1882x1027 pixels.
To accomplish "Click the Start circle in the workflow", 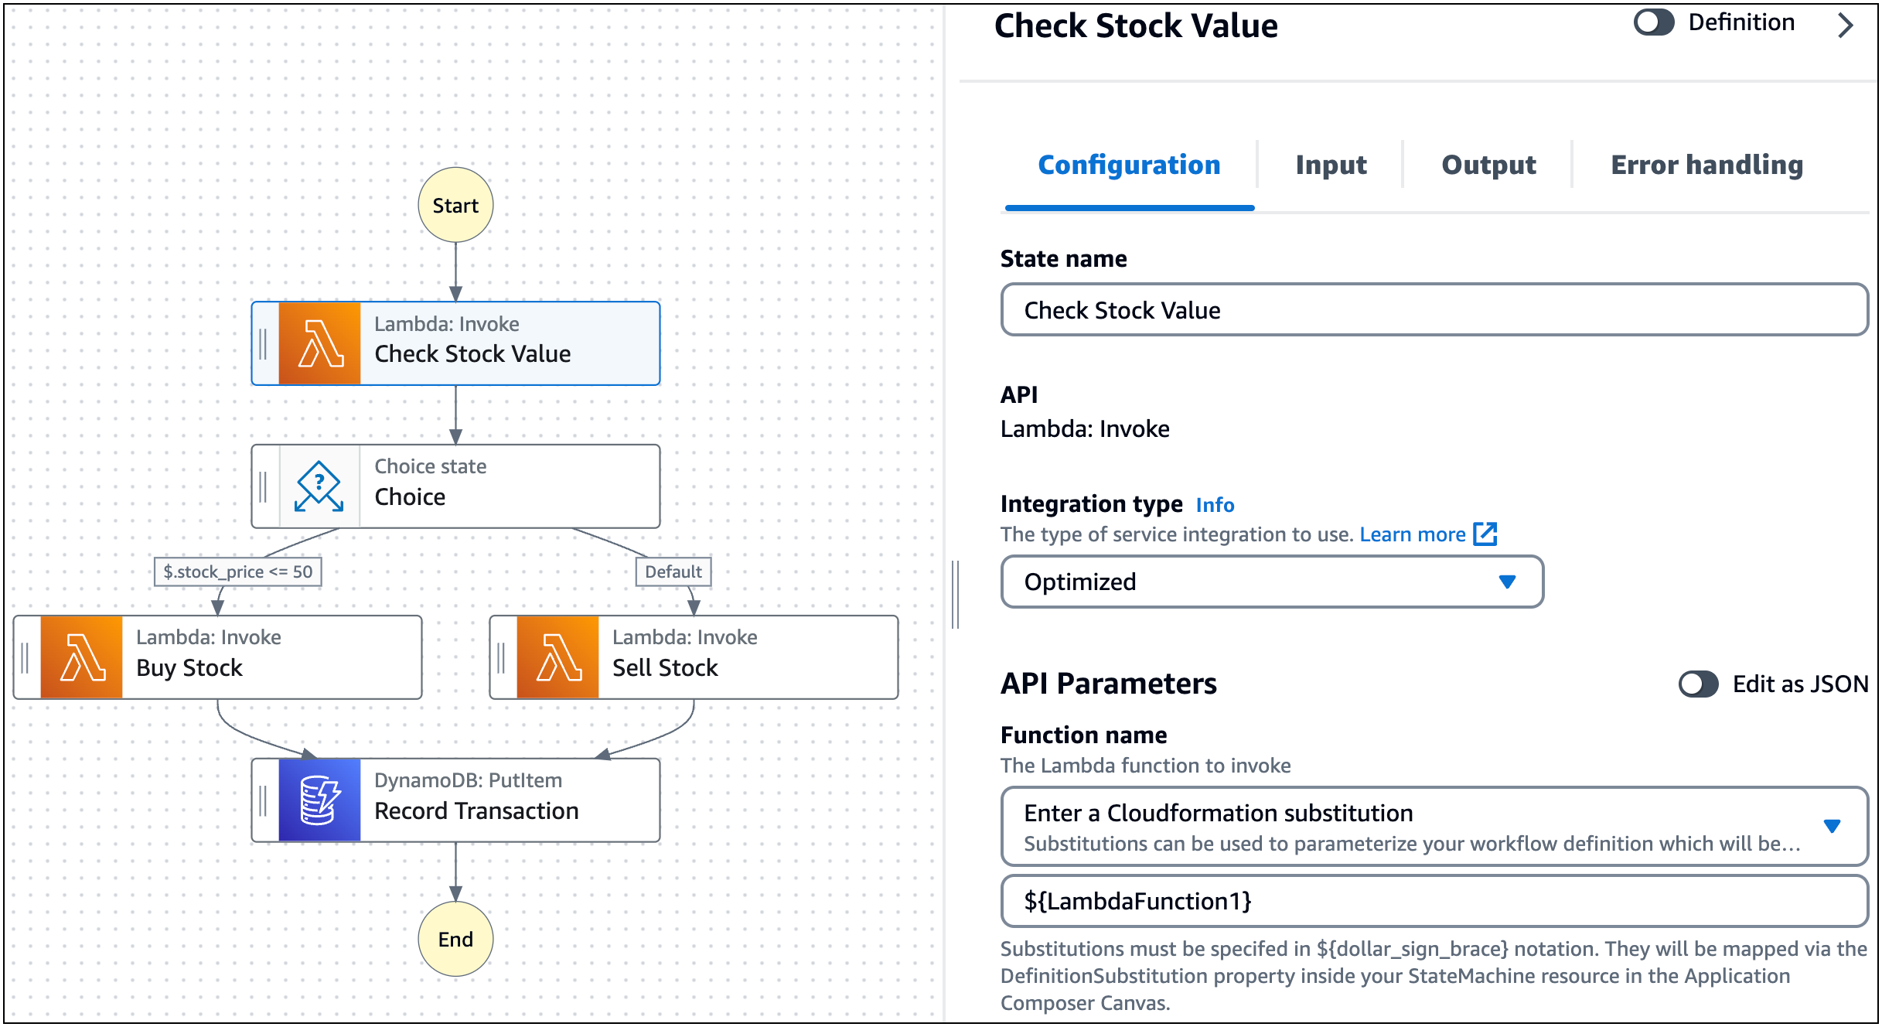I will [x=455, y=205].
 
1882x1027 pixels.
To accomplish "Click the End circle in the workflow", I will [x=455, y=939].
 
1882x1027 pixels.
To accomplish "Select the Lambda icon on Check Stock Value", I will [x=319, y=343].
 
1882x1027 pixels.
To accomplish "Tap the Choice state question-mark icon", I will [x=319, y=486].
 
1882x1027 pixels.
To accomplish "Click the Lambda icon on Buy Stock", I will [x=81, y=657].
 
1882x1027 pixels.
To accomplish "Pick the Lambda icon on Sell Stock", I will [x=557, y=657].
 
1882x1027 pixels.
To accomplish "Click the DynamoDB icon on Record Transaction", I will [x=319, y=800].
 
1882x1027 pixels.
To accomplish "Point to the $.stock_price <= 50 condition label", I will [x=237, y=572].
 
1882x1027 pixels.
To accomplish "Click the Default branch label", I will [x=673, y=572].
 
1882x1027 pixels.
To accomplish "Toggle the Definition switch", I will [x=1654, y=22].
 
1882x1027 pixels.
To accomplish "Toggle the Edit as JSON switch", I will [x=1698, y=684].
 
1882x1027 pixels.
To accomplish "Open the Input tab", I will [x=1331, y=165].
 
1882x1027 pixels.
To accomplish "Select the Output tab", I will [x=1488, y=165].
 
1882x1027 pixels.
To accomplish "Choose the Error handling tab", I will [x=1706, y=165].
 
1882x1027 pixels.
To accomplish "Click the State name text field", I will [x=1434, y=310].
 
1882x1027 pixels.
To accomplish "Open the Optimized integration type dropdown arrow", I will [x=1507, y=582].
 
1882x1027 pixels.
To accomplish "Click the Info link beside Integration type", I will [x=1215, y=505].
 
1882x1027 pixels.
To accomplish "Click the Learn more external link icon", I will [x=1485, y=534].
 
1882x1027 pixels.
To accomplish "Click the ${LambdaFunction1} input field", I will [x=1434, y=901].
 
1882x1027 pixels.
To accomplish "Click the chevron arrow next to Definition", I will [x=1846, y=26].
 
